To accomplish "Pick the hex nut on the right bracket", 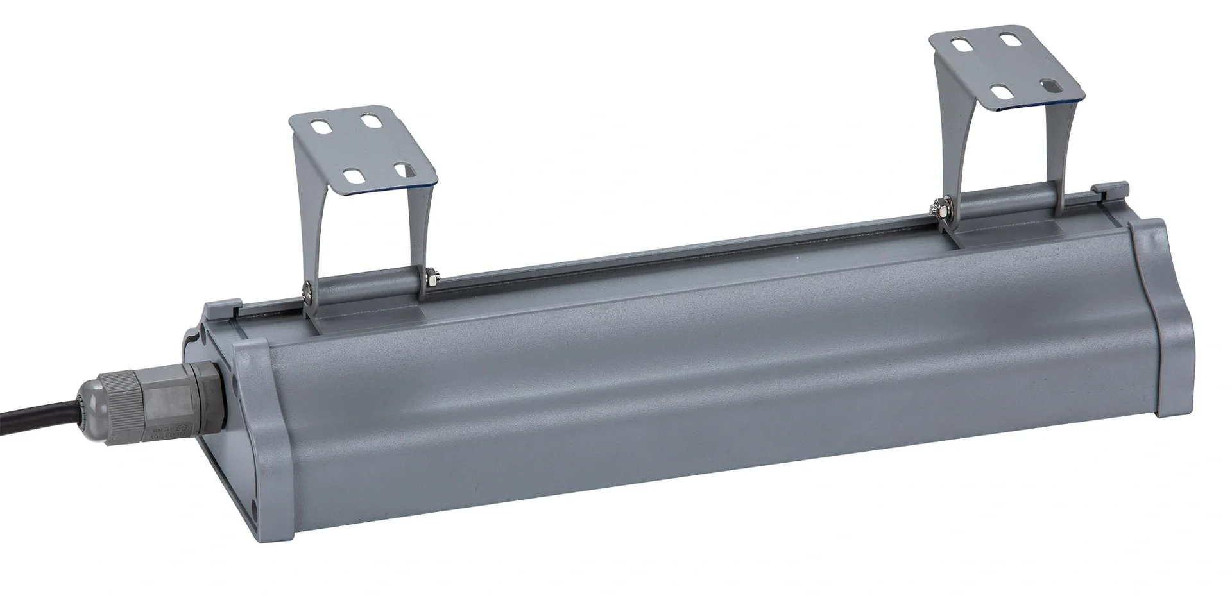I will [934, 207].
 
